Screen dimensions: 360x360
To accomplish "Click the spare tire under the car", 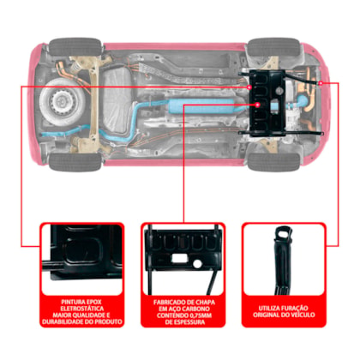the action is pyautogui.click(x=63, y=101).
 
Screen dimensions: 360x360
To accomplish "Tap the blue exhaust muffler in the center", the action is pyautogui.click(x=205, y=106).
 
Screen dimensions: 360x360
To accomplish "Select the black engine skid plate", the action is pyautogui.click(x=267, y=103).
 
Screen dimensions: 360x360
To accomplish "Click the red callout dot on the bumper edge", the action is pyautogui.click(x=321, y=83).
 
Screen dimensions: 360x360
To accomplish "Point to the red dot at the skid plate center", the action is pyautogui.click(x=257, y=105).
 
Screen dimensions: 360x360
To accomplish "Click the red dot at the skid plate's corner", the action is pyautogui.click(x=249, y=87).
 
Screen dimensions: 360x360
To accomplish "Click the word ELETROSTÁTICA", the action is pyautogui.click(x=82, y=309).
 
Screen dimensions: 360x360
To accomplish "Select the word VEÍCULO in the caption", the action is pyautogui.click(x=302, y=315).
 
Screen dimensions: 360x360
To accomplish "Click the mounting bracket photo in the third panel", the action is pyautogui.click(x=283, y=261).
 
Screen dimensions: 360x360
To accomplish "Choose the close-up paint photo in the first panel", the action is pyautogui.click(x=82, y=260).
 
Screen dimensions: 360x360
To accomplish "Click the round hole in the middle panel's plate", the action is pyautogui.click(x=197, y=263).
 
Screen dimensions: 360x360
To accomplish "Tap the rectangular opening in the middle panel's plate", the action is pyautogui.click(x=178, y=259).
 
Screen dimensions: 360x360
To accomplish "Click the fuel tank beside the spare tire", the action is pyautogui.click(x=117, y=101).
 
